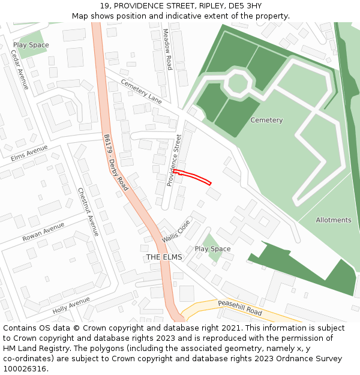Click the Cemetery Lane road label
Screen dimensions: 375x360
click(x=141, y=91)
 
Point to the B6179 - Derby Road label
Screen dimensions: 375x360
click(x=116, y=162)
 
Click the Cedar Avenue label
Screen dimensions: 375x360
click(x=20, y=70)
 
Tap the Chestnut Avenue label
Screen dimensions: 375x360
click(x=88, y=212)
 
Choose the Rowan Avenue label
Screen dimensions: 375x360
click(x=43, y=232)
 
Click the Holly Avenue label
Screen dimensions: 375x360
click(x=71, y=305)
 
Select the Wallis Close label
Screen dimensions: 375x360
click(x=175, y=231)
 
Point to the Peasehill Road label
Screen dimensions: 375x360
click(x=240, y=308)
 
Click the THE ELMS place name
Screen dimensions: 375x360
click(x=164, y=257)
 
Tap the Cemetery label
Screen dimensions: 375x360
click(x=266, y=120)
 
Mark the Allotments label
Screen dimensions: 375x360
click(x=334, y=220)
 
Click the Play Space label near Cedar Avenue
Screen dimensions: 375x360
click(x=31, y=45)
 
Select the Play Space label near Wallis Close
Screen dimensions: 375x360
click(x=212, y=249)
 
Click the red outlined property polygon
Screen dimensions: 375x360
click(x=193, y=176)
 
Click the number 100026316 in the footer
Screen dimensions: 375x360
click(x=25, y=369)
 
